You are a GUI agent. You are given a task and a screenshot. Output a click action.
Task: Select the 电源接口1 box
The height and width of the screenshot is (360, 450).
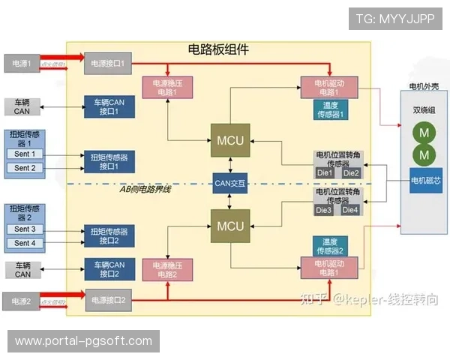109,64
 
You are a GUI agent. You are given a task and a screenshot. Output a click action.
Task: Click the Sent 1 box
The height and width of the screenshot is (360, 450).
25,154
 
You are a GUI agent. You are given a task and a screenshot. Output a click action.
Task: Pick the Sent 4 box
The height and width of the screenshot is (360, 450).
25,243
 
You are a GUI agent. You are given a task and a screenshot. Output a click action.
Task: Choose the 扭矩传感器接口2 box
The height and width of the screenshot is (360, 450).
109,235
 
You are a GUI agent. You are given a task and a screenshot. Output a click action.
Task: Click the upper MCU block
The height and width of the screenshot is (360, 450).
230,140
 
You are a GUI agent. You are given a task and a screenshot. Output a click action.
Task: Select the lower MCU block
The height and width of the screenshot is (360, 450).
230,226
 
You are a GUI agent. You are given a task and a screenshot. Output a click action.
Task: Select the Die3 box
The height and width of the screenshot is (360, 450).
323,210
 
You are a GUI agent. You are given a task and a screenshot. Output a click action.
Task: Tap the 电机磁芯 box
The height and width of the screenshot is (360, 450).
424,181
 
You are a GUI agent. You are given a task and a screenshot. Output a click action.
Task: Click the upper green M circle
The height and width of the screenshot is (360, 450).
424,133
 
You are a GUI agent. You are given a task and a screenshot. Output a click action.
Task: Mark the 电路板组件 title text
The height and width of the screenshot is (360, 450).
218,49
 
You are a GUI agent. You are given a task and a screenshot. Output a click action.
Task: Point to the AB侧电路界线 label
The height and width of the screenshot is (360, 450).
145,189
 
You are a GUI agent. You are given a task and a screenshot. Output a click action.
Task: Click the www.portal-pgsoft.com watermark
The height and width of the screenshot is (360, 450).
83,341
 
